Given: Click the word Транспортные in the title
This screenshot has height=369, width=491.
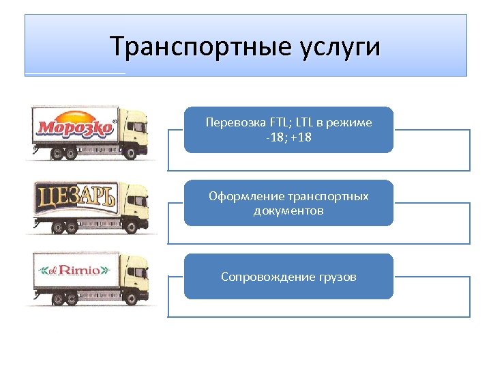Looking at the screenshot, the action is pyautogui.click(x=200, y=47).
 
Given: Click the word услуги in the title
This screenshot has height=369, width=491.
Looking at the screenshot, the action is pyautogui.click(x=340, y=47).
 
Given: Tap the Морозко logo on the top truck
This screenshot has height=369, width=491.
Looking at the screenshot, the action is pyautogui.click(x=75, y=127).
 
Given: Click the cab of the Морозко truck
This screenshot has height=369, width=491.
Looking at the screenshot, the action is pyautogui.click(x=136, y=134).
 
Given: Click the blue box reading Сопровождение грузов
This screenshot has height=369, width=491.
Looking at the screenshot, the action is pyautogui.click(x=288, y=277).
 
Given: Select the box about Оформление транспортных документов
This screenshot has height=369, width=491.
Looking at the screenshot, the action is pyautogui.click(x=288, y=203).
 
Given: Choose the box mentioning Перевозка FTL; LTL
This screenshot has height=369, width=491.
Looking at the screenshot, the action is pyautogui.click(x=288, y=129).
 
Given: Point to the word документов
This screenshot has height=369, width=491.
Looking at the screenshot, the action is pyautogui.click(x=288, y=210).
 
